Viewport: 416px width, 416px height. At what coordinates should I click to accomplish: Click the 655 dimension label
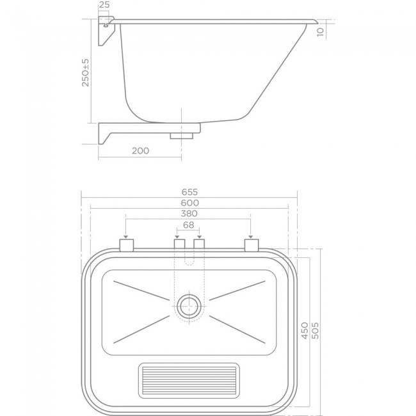[189, 192]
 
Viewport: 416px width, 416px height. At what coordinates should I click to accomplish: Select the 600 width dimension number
[189, 203]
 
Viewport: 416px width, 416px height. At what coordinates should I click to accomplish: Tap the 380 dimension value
[189, 214]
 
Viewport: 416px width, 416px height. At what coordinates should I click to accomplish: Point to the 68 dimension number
[189, 225]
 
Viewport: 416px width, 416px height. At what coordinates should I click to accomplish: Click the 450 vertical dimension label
[305, 330]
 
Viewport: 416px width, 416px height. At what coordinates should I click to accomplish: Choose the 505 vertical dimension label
[315, 330]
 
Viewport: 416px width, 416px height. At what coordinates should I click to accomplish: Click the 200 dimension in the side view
[140, 150]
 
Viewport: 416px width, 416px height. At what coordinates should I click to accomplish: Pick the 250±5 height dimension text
[85, 72]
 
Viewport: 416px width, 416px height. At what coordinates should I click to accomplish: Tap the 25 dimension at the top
[104, 4]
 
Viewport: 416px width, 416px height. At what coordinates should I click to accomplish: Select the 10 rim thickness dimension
[321, 31]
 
